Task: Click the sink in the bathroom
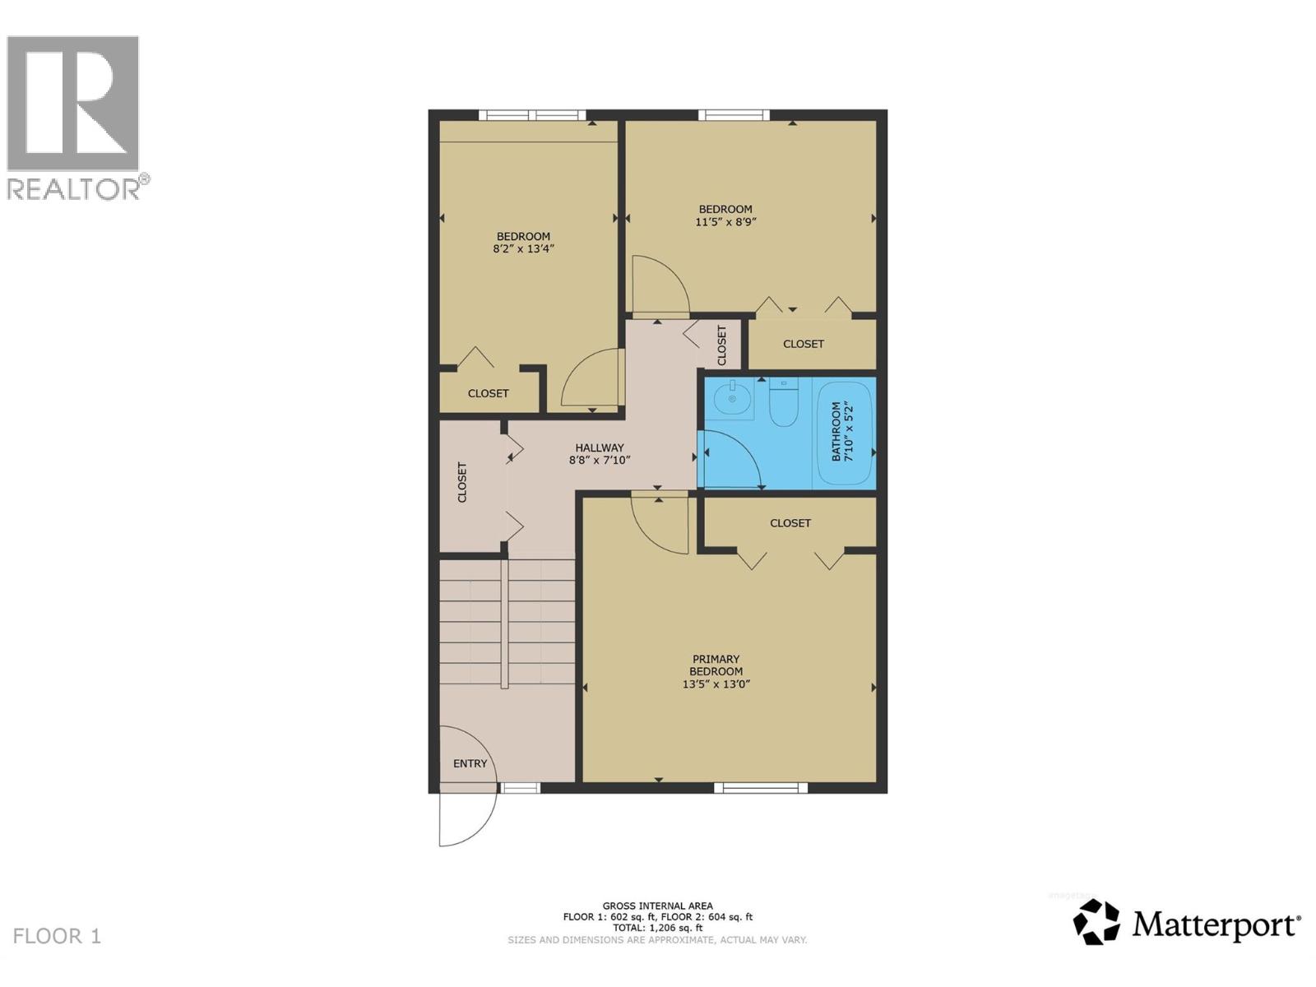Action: click(x=731, y=400)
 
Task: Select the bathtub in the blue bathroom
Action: click(x=843, y=433)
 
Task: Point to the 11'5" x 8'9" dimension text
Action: click(x=725, y=221)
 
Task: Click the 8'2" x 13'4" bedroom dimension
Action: click(x=523, y=248)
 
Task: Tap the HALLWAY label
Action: click(x=599, y=447)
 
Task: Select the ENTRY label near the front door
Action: click(x=470, y=763)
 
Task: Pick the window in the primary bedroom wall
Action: click(x=760, y=788)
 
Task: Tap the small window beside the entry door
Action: click(x=521, y=788)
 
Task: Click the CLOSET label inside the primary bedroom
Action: click(x=790, y=523)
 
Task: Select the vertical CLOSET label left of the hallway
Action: click(x=461, y=482)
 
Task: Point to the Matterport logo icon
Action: click(x=1096, y=922)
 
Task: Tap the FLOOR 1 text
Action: click(x=57, y=936)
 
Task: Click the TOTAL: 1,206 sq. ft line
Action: click(x=657, y=928)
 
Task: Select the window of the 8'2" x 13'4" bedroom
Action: click(x=532, y=115)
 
